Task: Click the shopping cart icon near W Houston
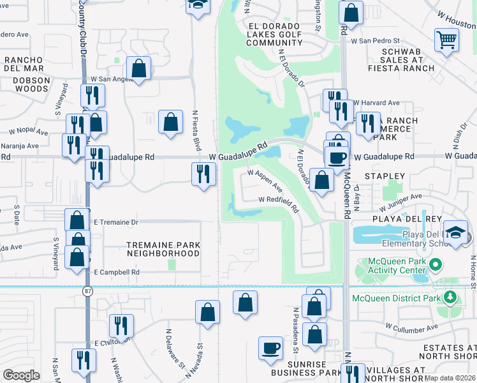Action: (x=447, y=40)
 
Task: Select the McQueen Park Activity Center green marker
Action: (x=436, y=264)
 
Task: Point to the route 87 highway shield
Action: (x=86, y=290)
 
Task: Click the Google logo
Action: (x=22, y=376)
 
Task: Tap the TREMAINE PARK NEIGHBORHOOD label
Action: (x=163, y=249)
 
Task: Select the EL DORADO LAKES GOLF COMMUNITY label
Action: (x=274, y=34)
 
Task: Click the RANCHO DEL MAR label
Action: (x=24, y=64)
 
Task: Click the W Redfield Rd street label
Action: (x=279, y=204)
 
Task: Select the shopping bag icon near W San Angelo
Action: (x=138, y=69)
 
